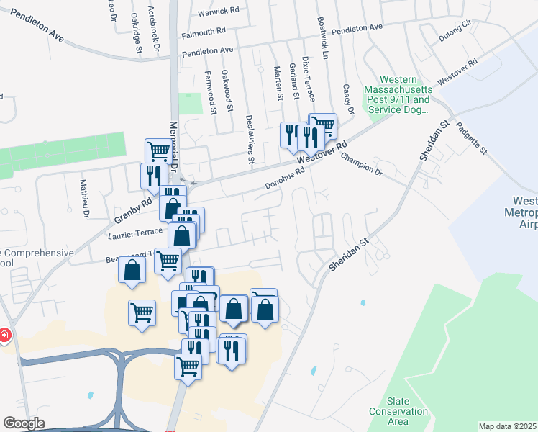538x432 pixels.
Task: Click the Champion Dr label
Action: [362, 163]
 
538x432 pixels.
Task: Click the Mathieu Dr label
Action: [84, 199]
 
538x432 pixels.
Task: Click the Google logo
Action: [24, 423]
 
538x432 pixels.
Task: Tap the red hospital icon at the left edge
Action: [5, 336]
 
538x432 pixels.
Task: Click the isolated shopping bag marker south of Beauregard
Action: [132, 270]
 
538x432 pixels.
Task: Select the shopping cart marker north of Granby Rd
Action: [158, 151]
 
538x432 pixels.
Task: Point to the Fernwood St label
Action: [210, 91]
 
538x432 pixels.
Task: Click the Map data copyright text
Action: [508, 426]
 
